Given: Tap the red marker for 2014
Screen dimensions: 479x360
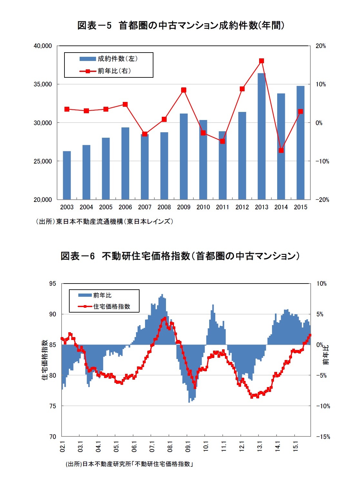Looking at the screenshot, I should pos(281,150).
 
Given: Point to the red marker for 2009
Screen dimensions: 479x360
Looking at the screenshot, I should pos(184,90).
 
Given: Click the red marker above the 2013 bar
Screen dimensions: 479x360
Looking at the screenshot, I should pos(261,61).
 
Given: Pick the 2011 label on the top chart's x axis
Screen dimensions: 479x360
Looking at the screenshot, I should pos(222,207).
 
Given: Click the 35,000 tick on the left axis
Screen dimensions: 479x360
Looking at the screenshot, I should pos(43,84).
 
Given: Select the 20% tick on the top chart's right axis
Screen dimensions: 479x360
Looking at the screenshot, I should pos(320,46).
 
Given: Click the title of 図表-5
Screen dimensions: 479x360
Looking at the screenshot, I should pos(180,25).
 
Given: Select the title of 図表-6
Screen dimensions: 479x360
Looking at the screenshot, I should pos(180,256).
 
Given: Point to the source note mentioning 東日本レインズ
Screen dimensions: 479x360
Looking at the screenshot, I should pos(104,222).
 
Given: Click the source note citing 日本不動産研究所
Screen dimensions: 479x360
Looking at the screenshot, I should pos(129,464).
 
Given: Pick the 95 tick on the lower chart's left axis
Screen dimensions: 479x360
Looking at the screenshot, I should pos(53,284).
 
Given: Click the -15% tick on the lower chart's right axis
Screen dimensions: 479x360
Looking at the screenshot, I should pos(323,437).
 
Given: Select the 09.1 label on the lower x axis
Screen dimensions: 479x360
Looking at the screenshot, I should pos(188,446).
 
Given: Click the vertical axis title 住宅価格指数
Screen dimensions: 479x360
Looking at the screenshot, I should pos(45,360).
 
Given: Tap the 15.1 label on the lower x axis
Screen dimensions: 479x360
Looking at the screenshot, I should pos(295,446).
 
